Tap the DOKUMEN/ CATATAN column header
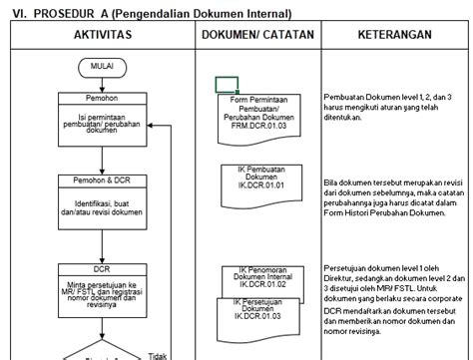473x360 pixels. tap(257, 34)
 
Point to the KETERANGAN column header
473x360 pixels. tap(394, 34)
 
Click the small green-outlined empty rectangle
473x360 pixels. tap(227, 84)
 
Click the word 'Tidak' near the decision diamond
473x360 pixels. tap(157, 354)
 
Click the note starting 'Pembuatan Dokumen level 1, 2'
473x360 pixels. tap(389, 106)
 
